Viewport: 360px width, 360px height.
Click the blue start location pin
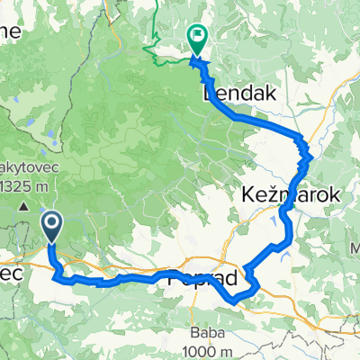click(x=52, y=227)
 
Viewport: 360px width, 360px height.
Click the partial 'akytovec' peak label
click(x=31, y=168)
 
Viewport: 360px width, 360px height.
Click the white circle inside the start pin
click(x=52, y=223)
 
